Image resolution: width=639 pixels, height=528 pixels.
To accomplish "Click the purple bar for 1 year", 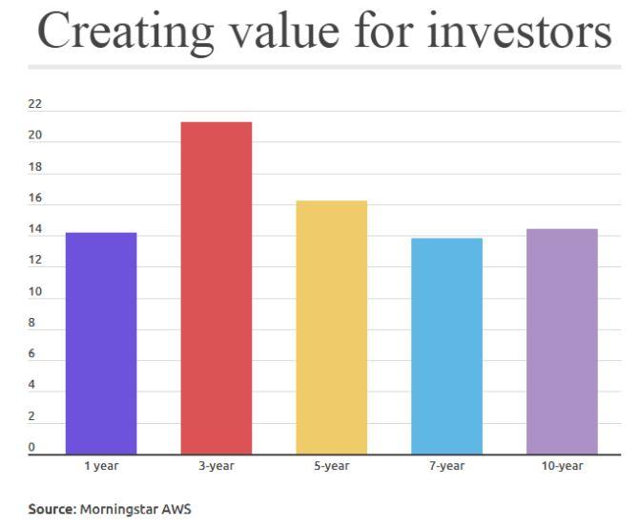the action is pyautogui.click(x=101, y=343).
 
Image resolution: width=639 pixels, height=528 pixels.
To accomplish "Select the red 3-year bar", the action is pyautogui.click(x=216, y=288).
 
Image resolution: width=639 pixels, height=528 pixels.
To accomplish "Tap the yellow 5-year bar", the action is pyautogui.click(x=332, y=327).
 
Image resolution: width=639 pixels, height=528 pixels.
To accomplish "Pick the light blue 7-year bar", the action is pyautogui.click(x=446, y=346).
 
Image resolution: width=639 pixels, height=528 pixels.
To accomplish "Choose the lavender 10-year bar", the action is pyautogui.click(x=562, y=342).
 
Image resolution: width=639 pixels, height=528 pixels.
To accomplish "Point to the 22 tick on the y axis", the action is pyautogui.click(x=35, y=104).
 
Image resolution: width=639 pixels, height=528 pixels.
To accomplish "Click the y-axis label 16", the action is pyautogui.click(x=35, y=198).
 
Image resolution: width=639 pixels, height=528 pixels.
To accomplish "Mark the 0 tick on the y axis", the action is pyautogui.click(x=31, y=447).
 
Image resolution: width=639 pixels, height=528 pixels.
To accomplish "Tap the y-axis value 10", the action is pyautogui.click(x=35, y=291).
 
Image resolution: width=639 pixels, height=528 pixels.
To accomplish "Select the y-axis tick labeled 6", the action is pyautogui.click(x=31, y=354).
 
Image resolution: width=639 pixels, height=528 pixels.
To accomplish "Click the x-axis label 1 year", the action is pyautogui.click(x=101, y=466).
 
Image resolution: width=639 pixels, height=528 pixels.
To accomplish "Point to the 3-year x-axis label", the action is pyautogui.click(x=216, y=466).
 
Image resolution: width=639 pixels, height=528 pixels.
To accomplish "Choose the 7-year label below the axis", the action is pyautogui.click(x=446, y=466).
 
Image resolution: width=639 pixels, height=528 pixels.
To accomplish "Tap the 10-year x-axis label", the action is pyautogui.click(x=562, y=466).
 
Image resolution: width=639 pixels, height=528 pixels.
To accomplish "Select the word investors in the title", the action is pyautogui.click(x=520, y=31).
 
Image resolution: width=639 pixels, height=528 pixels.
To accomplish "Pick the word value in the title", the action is pyautogui.click(x=285, y=31).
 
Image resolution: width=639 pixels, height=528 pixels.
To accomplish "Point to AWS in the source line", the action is pyautogui.click(x=176, y=509).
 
